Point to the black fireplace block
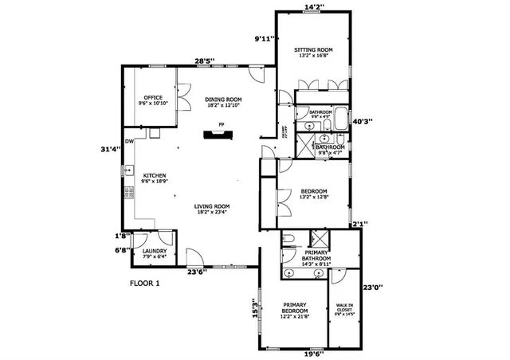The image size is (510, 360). click(x=215, y=135)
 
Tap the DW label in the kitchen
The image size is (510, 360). click(x=128, y=141)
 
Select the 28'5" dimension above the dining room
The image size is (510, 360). click(x=206, y=61)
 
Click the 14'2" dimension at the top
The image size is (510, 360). click(x=314, y=6)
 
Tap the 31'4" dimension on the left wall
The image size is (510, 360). click(x=110, y=149)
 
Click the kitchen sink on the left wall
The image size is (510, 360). click(x=127, y=170)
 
